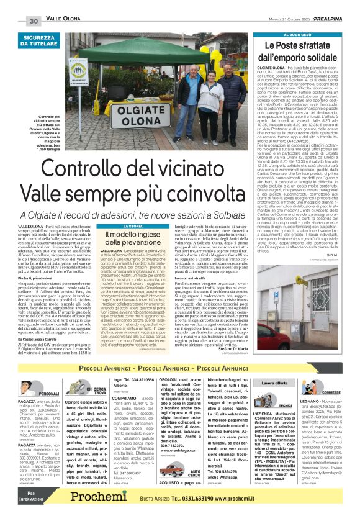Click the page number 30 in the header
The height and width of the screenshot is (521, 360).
click(x=34, y=21)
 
